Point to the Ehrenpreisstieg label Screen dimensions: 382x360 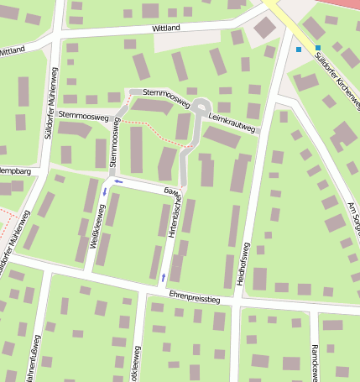[x=194, y=296]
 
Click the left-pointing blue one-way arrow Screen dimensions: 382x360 [x=118, y=181]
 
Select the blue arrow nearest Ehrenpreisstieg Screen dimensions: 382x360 [x=163, y=276]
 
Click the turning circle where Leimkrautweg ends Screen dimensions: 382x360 [x=200, y=107]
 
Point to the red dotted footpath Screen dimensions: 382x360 [x=151, y=126]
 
